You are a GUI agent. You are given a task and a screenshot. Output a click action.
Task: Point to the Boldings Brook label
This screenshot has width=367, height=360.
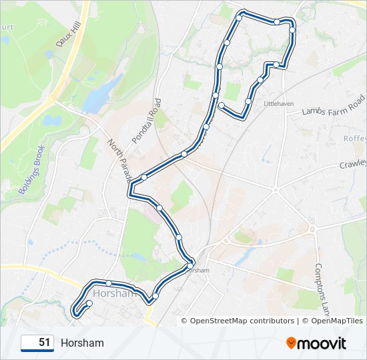point(31,170)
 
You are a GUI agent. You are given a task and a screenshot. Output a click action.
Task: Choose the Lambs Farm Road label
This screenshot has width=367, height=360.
point(334,107)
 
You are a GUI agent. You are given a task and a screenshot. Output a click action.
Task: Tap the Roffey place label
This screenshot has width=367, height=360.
point(355,139)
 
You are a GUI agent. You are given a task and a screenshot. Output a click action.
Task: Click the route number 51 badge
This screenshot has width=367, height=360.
point(37,343)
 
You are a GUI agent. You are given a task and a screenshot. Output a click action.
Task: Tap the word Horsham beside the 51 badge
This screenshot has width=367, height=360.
point(82,343)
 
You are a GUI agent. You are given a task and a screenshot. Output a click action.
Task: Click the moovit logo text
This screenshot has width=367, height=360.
point(322,343)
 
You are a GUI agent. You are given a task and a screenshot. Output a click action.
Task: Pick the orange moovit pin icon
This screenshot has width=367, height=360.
point(292,343)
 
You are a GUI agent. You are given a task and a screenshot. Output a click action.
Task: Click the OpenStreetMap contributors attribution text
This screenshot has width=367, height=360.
point(242,321)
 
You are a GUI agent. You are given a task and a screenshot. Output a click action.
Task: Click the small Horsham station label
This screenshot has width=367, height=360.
point(198,270)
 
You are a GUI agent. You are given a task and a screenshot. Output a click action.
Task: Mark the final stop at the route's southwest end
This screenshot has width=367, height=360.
point(89,304)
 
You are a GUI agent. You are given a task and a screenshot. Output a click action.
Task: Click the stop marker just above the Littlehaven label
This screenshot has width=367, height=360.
point(248,101)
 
